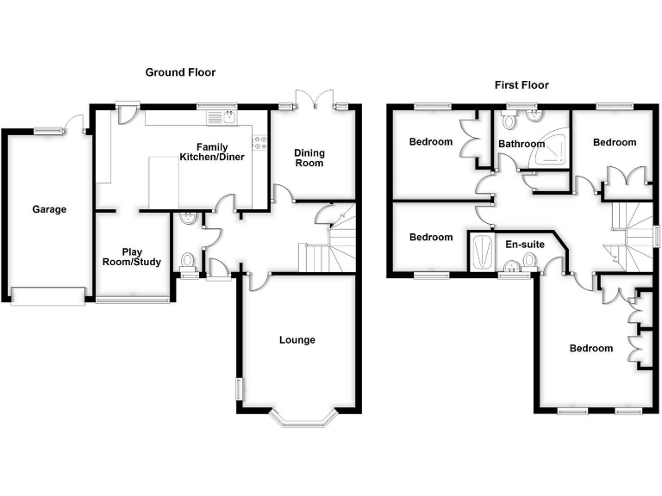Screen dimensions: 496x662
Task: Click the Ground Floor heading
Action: (x=180, y=73)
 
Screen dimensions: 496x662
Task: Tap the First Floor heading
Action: (x=521, y=85)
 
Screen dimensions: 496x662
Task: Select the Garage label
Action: (x=49, y=209)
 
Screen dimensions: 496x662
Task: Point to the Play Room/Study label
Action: (x=131, y=257)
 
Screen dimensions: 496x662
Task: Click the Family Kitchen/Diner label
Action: (x=212, y=152)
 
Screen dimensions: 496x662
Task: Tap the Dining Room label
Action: (x=309, y=158)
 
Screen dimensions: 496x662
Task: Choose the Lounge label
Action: (x=297, y=340)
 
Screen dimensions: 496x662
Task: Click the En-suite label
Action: (x=524, y=245)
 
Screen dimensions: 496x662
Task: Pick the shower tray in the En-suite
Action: (x=479, y=251)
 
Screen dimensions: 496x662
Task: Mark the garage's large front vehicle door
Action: (x=48, y=296)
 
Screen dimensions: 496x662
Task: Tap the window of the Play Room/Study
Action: (x=132, y=300)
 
